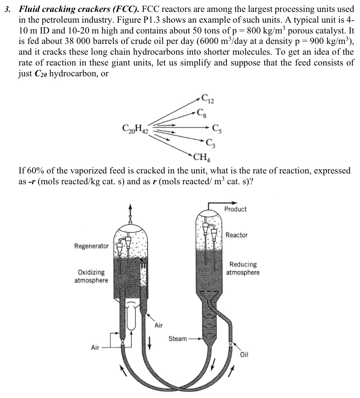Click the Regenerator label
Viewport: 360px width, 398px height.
pyautogui.click(x=91, y=246)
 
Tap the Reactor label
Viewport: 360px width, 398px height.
pyautogui.click(x=237, y=235)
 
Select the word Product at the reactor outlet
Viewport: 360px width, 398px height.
pyautogui.click(x=235, y=209)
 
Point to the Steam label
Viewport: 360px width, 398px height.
pyautogui.click(x=177, y=339)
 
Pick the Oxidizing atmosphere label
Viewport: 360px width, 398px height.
pyautogui.click(x=91, y=276)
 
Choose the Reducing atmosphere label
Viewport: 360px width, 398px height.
pyautogui.click(x=243, y=268)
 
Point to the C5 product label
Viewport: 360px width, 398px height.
pyautogui.click(x=217, y=128)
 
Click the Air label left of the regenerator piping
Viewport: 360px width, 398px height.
pyautogui.click(x=95, y=347)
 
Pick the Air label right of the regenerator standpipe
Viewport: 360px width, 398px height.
pyautogui.click(x=158, y=326)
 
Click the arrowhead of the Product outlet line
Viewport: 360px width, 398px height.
pyautogui.click(x=235, y=203)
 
